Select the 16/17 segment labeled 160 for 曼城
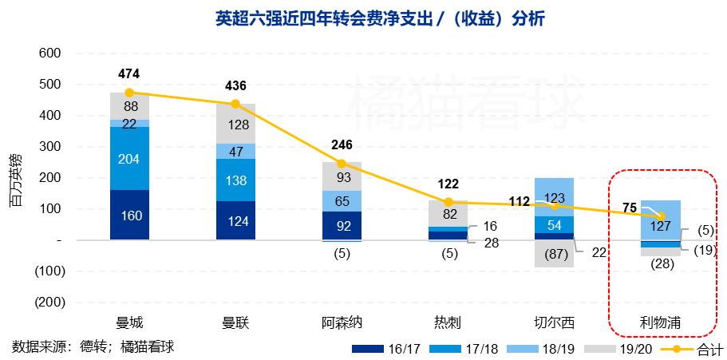tap(129, 215)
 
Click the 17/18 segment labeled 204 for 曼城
tap(129, 159)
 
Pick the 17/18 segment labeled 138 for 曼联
tap(235, 180)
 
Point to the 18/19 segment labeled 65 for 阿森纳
tap(342, 200)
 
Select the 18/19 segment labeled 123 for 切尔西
tap(554, 196)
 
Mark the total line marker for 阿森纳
tap(342, 164)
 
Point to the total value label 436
tap(235, 86)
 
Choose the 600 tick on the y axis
tap(49, 53)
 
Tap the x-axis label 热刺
tap(448, 323)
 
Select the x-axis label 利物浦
tap(660, 323)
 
